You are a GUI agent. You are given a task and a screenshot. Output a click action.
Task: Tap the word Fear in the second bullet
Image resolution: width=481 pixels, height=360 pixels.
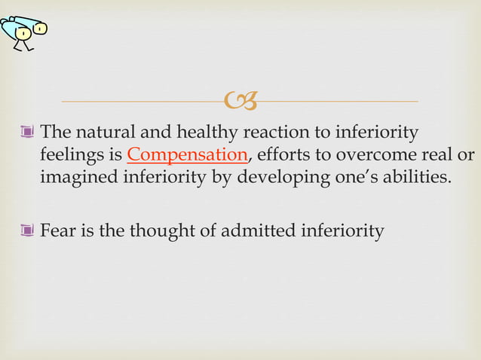click(x=57, y=231)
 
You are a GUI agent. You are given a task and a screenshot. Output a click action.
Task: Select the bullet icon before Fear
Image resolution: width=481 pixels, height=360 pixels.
click(x=28, y=231)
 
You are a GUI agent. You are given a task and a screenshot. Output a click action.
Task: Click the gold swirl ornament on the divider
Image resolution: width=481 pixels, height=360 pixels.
click(x=240, y=99)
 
